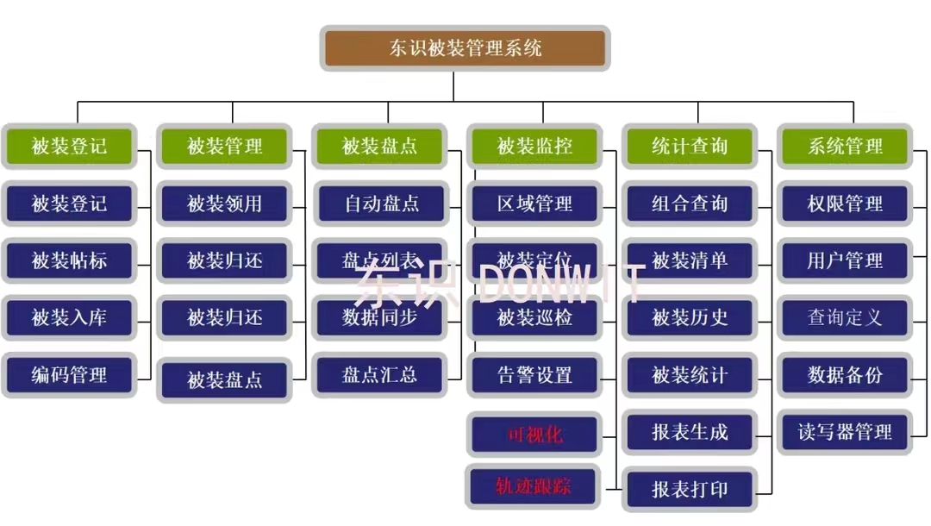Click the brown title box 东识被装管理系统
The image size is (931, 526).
tap(465, 47)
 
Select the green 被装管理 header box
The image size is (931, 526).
tap(224, 146)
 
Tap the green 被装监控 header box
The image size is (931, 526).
tap(534, 146)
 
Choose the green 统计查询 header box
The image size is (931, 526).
tap(690, 146)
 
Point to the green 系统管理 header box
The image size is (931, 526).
tap(845, 146)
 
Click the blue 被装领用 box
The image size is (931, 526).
tap(224, 204)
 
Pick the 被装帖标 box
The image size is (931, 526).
tap(69, 260)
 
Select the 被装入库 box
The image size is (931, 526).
tap(69, 317)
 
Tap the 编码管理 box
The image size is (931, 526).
tap(69, 375)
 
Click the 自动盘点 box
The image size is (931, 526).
tap(380, 204)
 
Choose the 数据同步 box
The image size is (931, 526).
tap(380, 317)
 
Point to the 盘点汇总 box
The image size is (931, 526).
tap(380, 375)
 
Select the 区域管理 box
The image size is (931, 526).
tap(534, 204)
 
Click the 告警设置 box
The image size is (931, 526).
tap(534, 375)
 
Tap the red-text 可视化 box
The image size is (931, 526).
tap(534, 434)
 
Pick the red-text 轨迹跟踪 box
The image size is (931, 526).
tap(534, 486)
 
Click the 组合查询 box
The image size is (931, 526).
tap(690, 204)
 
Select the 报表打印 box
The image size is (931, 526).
tap(690, 490)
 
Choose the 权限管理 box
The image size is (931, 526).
tap(845, 204)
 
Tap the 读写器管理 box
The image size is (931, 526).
tap(845, 432)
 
